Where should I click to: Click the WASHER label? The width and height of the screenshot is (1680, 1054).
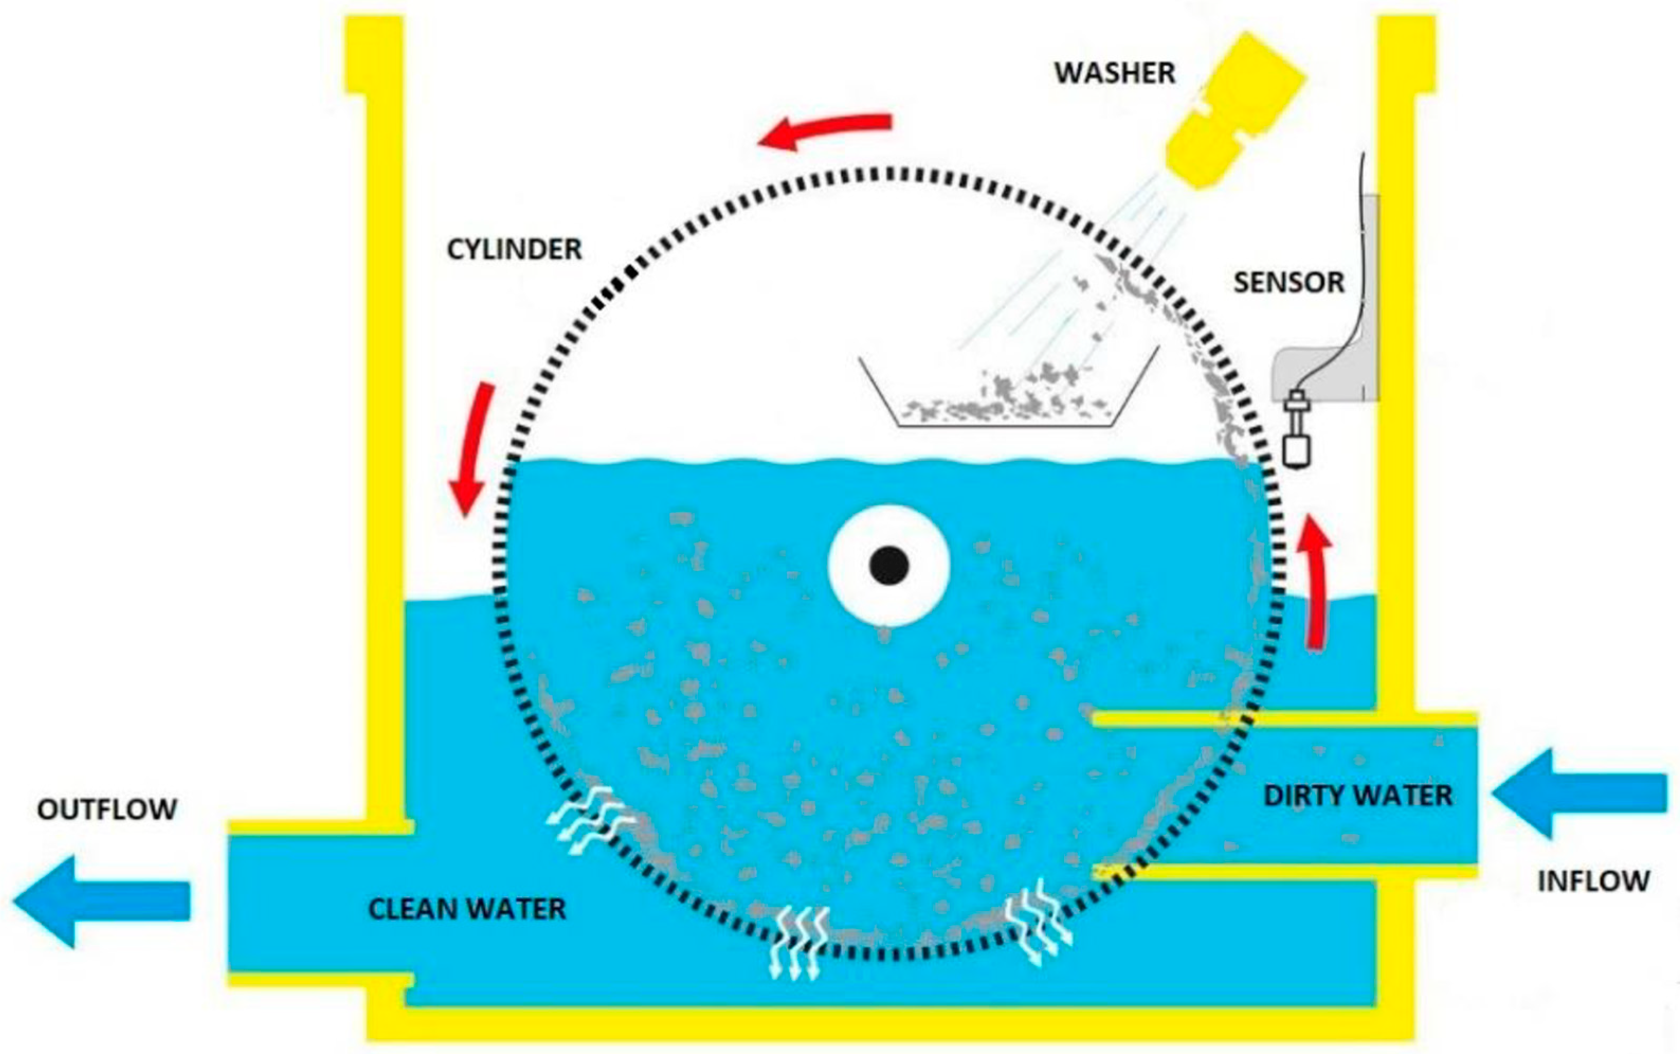point(1114,73)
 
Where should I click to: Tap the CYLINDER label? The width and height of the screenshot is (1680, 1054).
point(514,249)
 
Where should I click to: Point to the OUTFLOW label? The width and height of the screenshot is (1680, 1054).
point(106,809)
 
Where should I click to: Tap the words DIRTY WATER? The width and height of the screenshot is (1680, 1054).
point(1357,795)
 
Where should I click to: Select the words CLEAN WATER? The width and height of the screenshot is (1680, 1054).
point(467,909)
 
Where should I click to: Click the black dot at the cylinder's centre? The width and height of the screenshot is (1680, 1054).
point(888,565)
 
